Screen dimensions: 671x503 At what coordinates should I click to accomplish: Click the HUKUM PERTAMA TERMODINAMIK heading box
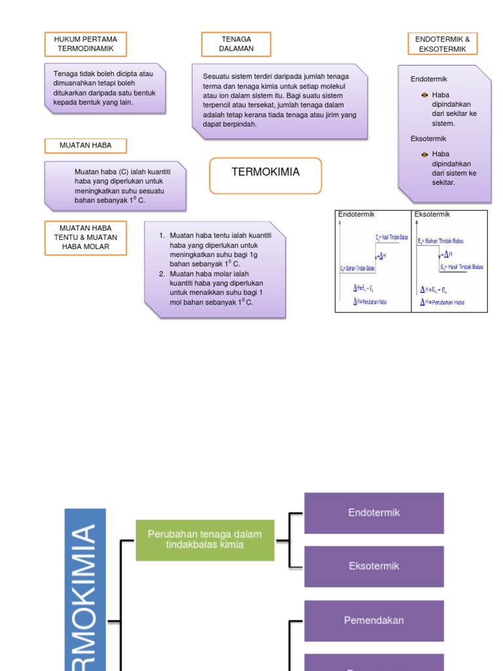coord(85,45)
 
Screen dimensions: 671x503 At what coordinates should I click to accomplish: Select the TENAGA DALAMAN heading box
coord(236,45)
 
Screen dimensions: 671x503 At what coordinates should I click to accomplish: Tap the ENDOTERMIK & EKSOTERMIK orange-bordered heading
coord(442,45)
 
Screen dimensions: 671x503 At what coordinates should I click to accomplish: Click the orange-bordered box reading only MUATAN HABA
coord(85,145)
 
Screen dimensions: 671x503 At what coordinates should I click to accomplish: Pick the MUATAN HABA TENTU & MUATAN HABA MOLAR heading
coord(85,237)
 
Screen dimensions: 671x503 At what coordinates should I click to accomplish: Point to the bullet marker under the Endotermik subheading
coord(424,95)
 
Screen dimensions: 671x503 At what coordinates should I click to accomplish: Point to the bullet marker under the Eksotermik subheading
coord(424,155)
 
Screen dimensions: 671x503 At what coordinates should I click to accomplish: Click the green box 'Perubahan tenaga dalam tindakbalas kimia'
coord(205,540)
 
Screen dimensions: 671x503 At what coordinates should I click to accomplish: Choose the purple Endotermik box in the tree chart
coord(374,513)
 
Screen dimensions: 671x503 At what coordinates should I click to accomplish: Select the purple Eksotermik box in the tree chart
coord(374,566)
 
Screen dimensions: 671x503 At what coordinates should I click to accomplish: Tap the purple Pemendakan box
coord(374,621)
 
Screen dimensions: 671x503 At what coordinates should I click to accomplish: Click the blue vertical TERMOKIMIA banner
coord(85,590)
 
